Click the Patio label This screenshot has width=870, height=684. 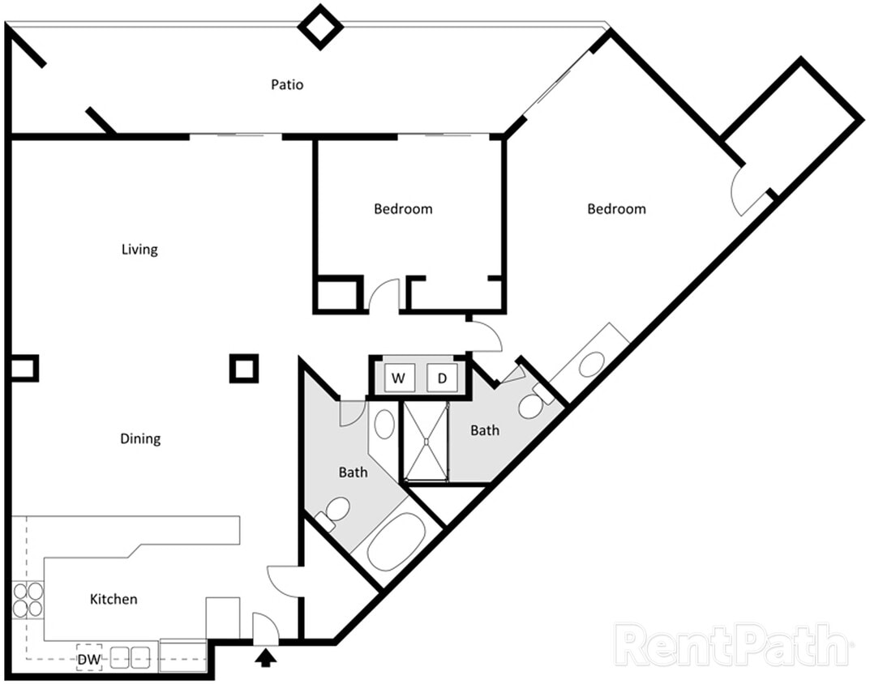click(287, 84)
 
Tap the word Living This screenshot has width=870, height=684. click(139, 249)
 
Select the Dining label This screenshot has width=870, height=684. click(140, 438)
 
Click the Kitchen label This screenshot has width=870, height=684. click(113, 599)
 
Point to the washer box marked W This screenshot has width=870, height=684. click(398, 378)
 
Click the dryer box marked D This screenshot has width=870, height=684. click(442, 378)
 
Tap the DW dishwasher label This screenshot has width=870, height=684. click(89, 659)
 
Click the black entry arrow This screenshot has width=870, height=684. click(266, 656)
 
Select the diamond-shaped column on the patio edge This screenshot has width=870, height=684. click(321, 26)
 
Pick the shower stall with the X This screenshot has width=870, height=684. click(425, 442)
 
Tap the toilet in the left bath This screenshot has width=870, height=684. click(334, 512)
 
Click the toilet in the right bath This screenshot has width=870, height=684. click(533, 403)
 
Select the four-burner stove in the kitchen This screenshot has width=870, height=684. click(28, 599)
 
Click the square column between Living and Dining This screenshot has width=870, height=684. click(243, 369)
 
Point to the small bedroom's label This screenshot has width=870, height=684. click(403, 208)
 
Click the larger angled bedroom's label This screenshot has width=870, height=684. click(616, 208)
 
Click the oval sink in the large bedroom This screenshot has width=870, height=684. click(590, 364)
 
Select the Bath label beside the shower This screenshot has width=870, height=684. click(485, 430)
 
